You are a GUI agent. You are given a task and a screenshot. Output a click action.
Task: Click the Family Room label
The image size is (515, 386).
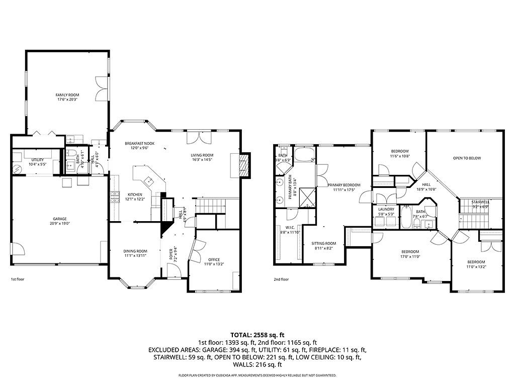pyautogui.click(x=67, y=94)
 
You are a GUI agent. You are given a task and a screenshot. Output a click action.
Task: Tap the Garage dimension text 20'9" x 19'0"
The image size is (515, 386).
pyautogui.click(x=60, y=224)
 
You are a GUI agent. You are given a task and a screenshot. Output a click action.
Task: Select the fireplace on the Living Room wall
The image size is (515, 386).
pyautogui.click(x=243, y=165)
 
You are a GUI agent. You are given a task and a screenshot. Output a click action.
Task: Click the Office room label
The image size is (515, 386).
pyautogui.click(x=214, y=259)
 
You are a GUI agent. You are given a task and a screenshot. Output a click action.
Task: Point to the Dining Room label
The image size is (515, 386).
pyautogui.click(x=135, y=251)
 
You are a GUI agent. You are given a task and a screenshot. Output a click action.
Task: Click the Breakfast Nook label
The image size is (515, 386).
pyautogui.click(x=140, y=143)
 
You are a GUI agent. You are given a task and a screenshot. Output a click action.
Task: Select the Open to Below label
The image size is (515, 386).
pyautogui.click(x=467, y=158)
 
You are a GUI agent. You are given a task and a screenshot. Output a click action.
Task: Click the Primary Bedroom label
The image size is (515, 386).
pyautogui.click(x=344, y=184)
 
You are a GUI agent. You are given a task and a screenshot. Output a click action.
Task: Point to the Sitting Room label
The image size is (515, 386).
pyautogui.click(x=323, y=243)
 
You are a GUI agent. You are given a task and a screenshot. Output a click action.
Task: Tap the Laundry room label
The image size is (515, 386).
pyautogui.click(x=386, y=210)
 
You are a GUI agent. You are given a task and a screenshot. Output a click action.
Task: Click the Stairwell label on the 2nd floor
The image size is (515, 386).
pyautogui.click(x=480, y=202)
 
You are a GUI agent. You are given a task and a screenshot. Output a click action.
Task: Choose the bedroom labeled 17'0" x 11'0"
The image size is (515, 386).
pyautogui.click(x=410, y=251)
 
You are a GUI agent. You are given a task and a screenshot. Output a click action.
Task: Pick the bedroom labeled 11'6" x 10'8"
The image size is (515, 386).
pyautogui.click(x=400, y=151)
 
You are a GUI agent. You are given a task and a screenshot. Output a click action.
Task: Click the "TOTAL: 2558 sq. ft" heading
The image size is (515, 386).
pyautogui.click(x=257, y=334)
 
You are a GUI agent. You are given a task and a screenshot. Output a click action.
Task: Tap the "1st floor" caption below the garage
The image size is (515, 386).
pyautogui.click(x=18, y=279)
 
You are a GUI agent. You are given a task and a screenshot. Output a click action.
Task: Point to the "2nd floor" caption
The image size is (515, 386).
pyautogui.click(x=281, y=279)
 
